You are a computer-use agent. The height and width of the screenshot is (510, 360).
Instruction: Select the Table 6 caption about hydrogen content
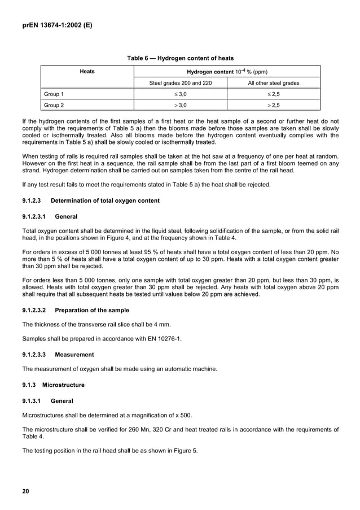tap(180, 58)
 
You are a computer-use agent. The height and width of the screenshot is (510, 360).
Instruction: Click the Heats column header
tap(87, 72)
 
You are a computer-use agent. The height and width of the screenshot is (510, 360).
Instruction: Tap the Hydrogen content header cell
tap(227, 72)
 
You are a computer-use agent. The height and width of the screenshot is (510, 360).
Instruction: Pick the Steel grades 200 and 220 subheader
tap(180, 83)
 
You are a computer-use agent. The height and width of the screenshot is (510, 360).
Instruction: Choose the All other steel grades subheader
tap(274, 83)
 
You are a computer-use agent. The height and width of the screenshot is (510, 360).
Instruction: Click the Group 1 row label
tap(54, 94)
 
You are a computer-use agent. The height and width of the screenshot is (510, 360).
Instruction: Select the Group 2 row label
tap(54, 105)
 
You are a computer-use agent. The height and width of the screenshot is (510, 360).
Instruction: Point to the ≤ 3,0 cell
tap(180, 94)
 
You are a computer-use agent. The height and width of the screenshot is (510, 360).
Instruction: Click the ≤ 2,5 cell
tap(274, 94)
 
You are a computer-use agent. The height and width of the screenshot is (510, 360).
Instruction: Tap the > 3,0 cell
tap(180, 105)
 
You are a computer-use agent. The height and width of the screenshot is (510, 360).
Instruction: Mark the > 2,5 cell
tap(274, 105)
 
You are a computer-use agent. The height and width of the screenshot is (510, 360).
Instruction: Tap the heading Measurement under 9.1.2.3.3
tap(74, 355)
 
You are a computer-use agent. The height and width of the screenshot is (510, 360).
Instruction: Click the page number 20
tap(25, 490)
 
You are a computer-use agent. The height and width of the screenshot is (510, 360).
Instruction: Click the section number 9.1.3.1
tap(32, 401)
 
